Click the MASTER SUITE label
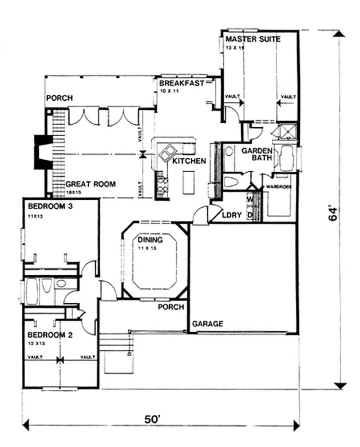(x=253, y=39)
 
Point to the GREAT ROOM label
(x=90, y=184)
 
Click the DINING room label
(x=150, y=240)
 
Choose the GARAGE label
(x=208, y=324)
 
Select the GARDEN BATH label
(x=256, y=155)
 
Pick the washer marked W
(x=250, y=199)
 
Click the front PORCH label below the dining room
(x=171, y=307)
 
